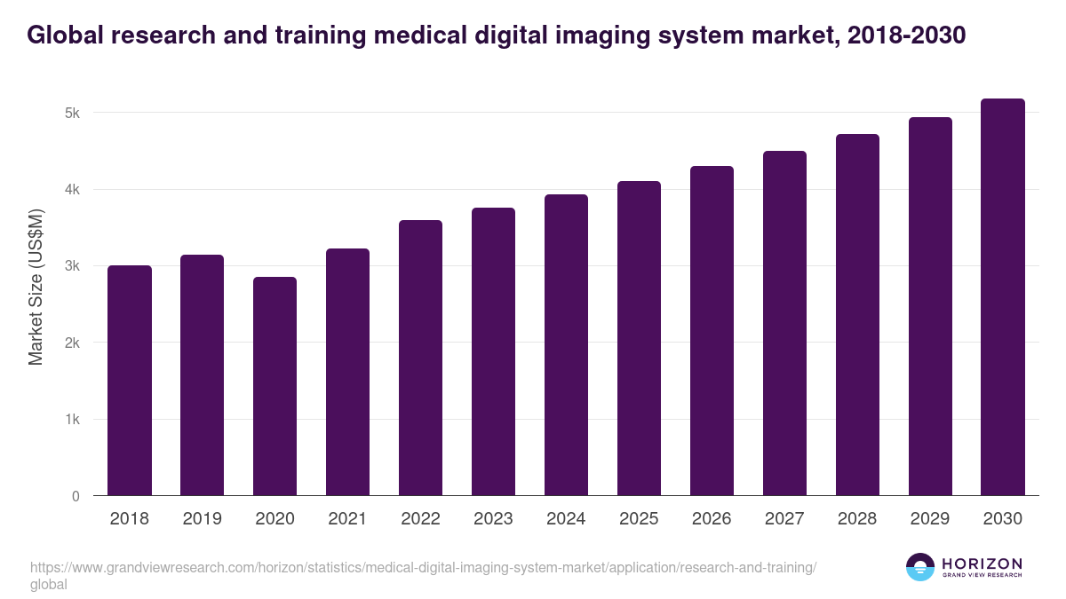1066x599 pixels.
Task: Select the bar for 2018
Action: pyautogui.click(x=129, y=381)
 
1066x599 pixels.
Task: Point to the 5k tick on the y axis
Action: pyautogui.click(x=72, y=113)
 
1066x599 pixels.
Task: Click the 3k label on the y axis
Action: pyautogui.click(x=72, y=266)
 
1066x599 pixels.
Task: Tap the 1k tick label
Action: pyautogui.click(x=72, y=420)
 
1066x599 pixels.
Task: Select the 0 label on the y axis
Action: pyautogui.click(x=76, y=496)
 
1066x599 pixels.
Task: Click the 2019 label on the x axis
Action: pyautogui.click(x=202, y=519)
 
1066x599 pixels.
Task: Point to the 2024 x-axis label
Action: pyautogui.click(x=566, y=519)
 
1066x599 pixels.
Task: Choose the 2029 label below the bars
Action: pyautogui.click(x=930, y=519)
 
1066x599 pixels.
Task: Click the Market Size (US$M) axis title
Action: pyautogui.click(x=36, y=287)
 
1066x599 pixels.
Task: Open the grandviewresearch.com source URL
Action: pyautogui.click(x=422, y=568)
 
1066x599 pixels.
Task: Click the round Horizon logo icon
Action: pyautogui.click(x=919, y=567)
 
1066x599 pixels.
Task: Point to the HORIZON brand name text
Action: pyautogui.click(x=982, y=564)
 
